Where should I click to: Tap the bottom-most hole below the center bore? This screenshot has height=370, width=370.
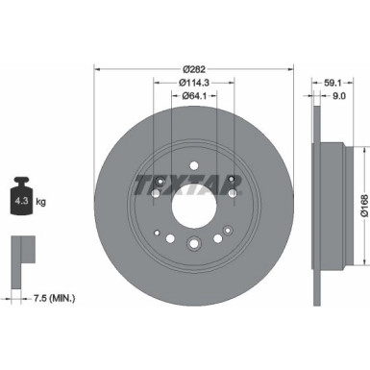click(192, 242)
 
